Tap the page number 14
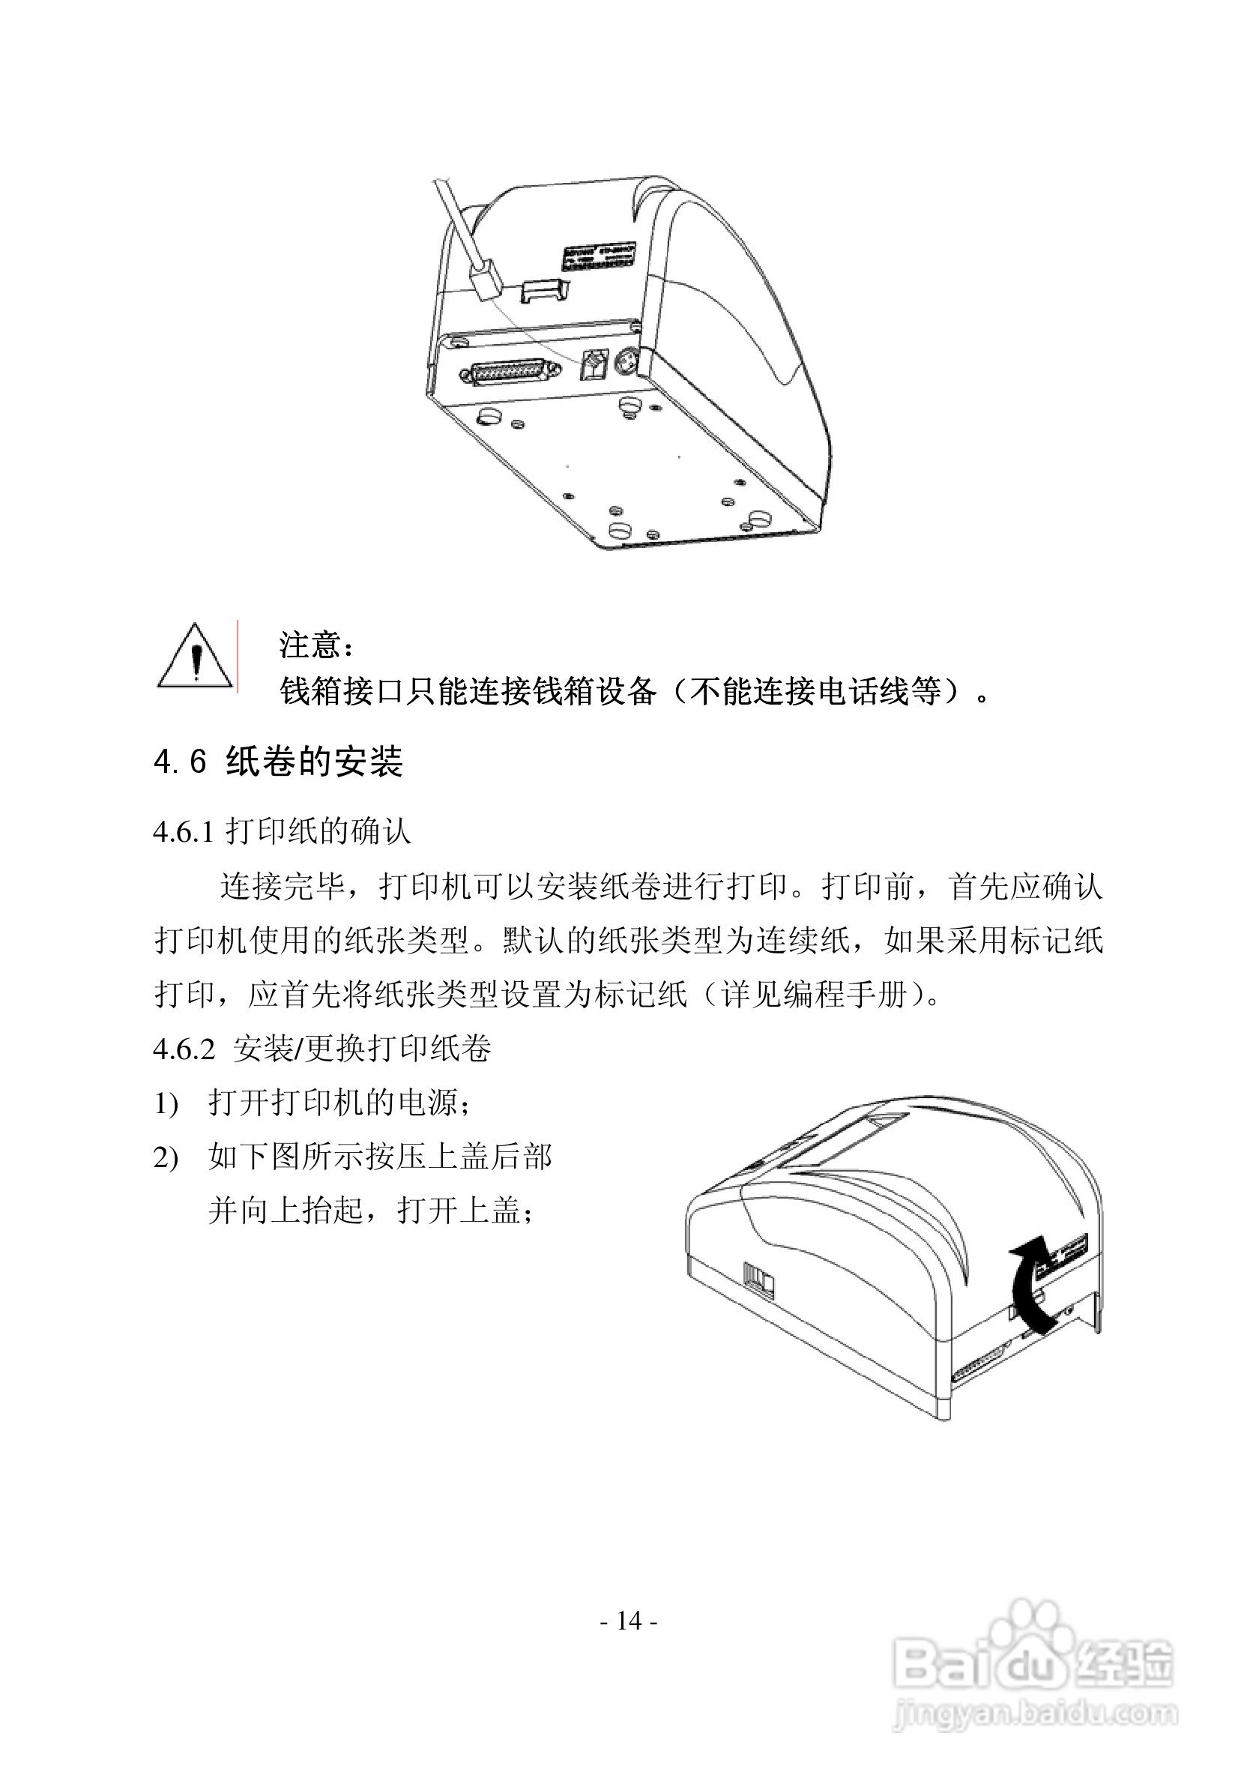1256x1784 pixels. tap(629, 1621)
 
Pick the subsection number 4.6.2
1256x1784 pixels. tap(184, 1049)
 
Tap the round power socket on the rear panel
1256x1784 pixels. tap(626, 362)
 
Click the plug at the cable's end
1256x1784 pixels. tap(486, 285)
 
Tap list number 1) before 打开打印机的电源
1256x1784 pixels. tap(166, 1104)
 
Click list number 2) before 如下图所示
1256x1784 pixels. tap(166, 1159)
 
